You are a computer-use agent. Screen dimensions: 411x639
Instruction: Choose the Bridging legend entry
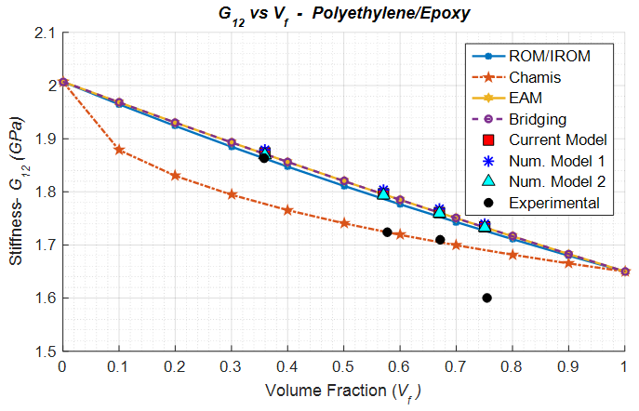tap(538, 119)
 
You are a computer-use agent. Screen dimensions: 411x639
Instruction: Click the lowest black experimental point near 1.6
tap(486, 298)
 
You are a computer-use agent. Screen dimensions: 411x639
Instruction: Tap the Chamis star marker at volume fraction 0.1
tap(118, 150)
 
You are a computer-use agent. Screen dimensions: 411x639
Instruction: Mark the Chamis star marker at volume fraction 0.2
tap(175, 175)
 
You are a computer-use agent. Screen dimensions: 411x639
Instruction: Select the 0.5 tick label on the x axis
tap(344, 369)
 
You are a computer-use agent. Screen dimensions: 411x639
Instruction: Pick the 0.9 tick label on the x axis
tap(569, 369)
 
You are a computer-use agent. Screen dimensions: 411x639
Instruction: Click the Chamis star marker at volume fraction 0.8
tap(513, 255)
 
